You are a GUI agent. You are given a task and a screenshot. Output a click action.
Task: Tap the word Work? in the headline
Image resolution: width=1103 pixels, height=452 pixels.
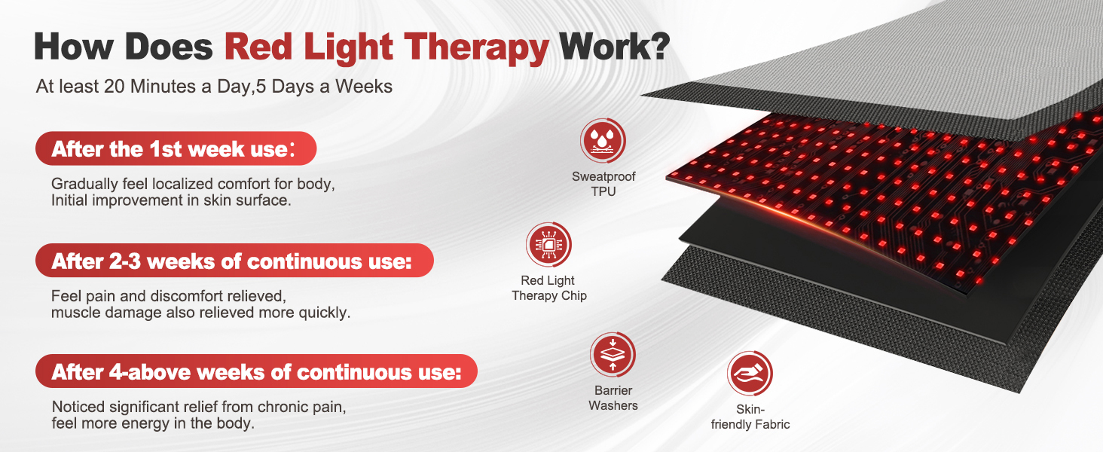(x=614, y=47)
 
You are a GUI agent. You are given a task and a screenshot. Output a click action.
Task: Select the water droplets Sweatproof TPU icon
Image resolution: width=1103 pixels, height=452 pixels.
(x=603, y=141)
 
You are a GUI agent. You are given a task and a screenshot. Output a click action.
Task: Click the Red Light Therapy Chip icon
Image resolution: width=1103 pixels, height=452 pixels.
(x=548, y=245)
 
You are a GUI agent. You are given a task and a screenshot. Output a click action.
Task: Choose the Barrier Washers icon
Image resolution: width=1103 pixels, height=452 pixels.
(x=613, y=355)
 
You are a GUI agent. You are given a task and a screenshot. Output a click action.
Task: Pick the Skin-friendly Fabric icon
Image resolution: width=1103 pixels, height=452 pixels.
(x=750, y=374)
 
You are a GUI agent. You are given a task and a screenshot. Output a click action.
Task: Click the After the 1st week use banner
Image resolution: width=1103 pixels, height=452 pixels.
(x=176, y=148)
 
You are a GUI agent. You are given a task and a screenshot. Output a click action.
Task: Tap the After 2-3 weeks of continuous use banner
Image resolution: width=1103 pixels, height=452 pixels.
(x=234, y=261)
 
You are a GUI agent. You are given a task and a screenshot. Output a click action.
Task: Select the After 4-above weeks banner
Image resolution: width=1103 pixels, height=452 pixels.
(x=256, y=371)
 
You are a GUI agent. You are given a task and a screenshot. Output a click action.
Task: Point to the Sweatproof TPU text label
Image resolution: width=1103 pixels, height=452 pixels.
(x=603, y=184)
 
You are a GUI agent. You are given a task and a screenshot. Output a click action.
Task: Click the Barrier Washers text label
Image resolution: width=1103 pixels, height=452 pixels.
(x=613, y=398)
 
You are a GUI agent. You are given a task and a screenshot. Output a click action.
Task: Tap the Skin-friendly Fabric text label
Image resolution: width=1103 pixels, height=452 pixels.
(x=750, y=417)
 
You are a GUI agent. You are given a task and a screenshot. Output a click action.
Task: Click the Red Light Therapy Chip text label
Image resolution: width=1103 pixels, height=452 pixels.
(x=548, y=288)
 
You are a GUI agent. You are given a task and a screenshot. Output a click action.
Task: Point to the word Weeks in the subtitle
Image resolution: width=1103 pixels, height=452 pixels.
(x=364, y=87)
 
